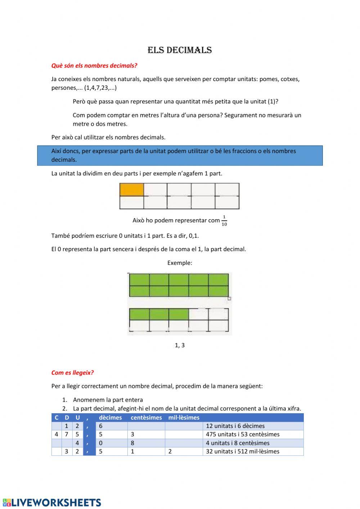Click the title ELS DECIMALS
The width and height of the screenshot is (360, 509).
[x=180, y=50]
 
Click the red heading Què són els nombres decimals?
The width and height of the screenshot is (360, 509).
[x=94, y=66]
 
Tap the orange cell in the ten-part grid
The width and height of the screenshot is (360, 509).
[x=131, y=189]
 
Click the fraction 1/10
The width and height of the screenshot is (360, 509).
[x=224, y=220]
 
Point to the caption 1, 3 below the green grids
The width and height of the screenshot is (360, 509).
[x=180, y=345]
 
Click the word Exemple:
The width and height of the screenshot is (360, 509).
[x=180, y=263]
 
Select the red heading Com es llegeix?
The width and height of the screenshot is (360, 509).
[x=72, y=372]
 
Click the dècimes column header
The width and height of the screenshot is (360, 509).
[x=110, y=418]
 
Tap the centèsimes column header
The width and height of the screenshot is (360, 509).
[x=146, y=418]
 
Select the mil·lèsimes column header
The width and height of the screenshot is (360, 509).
[x=184, y=418]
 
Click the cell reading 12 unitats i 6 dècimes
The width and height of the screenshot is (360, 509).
[x=235, y=426]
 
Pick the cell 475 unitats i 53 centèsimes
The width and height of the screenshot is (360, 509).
[x=242, y=434]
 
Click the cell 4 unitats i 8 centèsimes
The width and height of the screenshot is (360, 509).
[x=238, y=443]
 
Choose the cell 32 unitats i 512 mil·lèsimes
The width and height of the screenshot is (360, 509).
[x=242, y=451]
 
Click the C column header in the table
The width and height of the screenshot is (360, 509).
[x=56, y=418]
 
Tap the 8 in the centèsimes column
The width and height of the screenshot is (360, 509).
[x=132, y=443]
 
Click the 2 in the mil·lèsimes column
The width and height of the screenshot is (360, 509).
[x=170, y=451]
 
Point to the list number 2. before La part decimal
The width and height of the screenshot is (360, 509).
[x=65, y=408]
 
